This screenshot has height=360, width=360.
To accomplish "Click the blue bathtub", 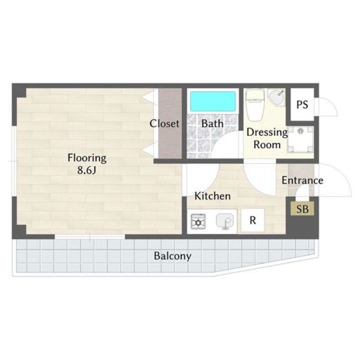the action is tap(212, 101).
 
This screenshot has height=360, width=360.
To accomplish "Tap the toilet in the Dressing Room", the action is tap(255, 105).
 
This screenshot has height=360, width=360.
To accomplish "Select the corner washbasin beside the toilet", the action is tap(276, 97).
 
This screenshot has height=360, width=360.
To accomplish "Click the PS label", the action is tap(302, 104).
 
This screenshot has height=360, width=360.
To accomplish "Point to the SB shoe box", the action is tap(302, 208).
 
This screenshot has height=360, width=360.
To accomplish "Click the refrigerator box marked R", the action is tap(252, 220).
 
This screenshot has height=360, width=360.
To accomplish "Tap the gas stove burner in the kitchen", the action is tap(198, 221).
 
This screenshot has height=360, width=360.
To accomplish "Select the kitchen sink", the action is tap(225, 221).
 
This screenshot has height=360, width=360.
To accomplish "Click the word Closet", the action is tap(164, 123).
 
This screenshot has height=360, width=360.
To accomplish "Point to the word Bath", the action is tap(212, 123).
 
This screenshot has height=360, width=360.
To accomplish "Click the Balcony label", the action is tap(172, 256).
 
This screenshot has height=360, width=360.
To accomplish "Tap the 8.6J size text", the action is tap(86, 170).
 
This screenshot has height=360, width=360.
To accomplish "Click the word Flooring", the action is tap(87, 158).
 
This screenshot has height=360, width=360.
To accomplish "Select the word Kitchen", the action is tap(212, 196).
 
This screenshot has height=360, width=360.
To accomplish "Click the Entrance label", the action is tap(302, 180).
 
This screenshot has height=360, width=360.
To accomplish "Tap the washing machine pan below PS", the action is tap(300, 139).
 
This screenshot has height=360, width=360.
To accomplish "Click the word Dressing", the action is tap(267, 132).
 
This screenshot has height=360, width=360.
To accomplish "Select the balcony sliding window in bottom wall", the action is tap(90, 236).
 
